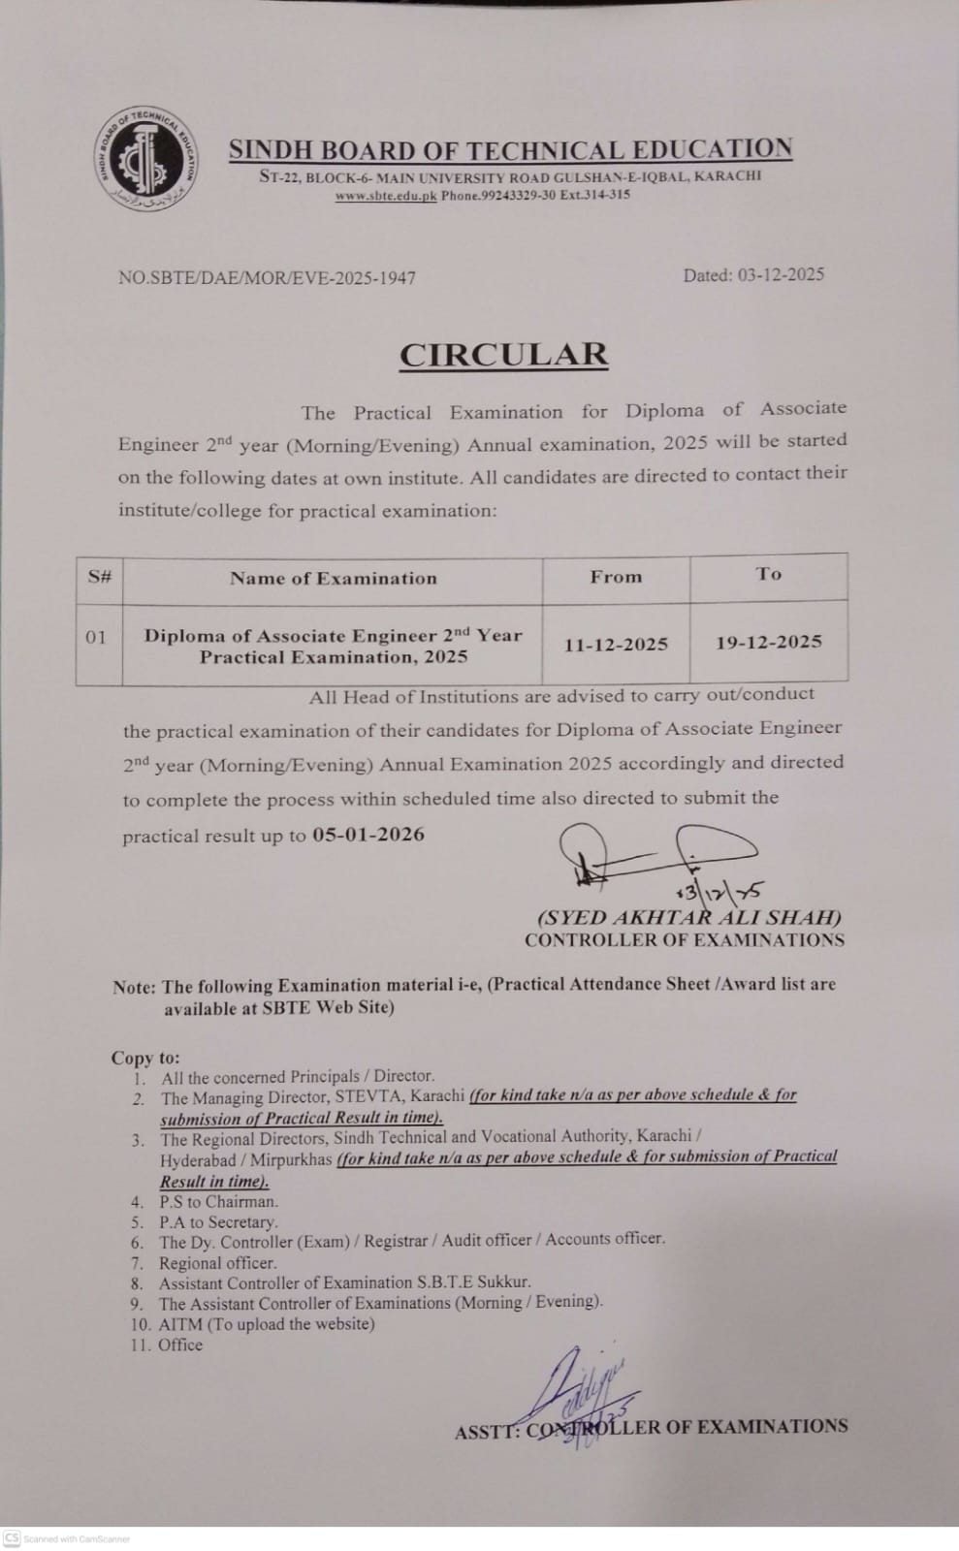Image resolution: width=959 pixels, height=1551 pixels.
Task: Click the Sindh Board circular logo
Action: point(148,160)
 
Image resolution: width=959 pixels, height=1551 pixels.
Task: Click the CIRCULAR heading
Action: point(503,355)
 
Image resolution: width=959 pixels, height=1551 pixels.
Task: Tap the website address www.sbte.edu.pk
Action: point(386,195)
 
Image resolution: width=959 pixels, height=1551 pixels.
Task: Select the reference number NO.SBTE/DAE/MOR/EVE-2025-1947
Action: point(267,278)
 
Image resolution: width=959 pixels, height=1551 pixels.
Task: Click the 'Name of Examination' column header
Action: point(333,579)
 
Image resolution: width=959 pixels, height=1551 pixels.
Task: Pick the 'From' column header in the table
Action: point(616,577)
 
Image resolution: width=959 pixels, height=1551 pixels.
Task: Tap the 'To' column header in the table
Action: point(768,574)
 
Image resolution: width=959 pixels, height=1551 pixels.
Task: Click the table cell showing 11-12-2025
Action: point(616,644)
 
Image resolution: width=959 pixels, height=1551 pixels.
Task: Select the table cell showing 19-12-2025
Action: point(768,642)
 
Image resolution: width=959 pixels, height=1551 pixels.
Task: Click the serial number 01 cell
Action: point(96,638)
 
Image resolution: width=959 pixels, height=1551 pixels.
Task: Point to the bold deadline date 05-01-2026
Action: point(368,835)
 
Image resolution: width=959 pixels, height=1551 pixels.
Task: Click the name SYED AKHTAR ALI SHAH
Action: point(689,917)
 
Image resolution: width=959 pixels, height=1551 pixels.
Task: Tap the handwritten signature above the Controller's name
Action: point(659,853)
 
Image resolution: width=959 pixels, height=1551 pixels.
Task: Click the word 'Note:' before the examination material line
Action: point(134,988)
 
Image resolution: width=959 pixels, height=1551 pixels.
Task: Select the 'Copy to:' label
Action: point(145,1058)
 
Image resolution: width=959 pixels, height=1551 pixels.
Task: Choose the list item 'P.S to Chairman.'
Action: point(218,1202)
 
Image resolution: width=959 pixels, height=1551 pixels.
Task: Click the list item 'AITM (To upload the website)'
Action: point(267,1324)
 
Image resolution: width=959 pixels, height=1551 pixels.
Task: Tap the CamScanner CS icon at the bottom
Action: point(13,1538)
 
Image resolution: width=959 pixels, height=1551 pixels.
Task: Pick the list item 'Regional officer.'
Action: point(217,1263)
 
